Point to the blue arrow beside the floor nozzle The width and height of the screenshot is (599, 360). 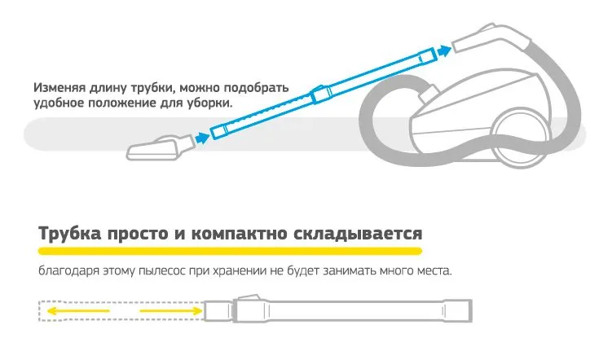click(202, 137)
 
